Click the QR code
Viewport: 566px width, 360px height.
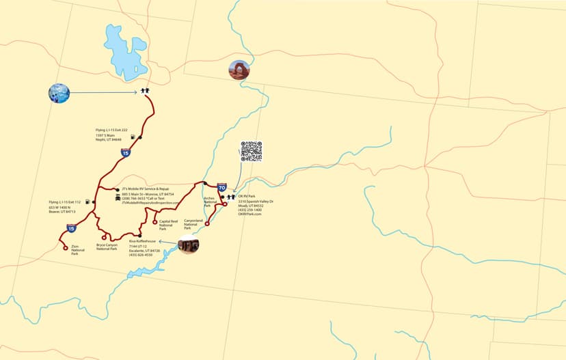[x=251, y=151]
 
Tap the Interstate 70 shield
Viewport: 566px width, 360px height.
[x=222, y=186]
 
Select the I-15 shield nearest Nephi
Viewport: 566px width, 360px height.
[x=125, y=153]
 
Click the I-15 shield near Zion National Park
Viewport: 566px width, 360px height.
[x=72, y=227]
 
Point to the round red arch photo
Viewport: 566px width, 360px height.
[x=239, y=70]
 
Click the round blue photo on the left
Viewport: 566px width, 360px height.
[x=59, y=93]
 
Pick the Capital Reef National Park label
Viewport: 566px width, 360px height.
[x=168, y=225]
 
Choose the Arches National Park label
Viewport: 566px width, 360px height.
[x=210, y=202]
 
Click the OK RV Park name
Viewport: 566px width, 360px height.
[x=246, y=197]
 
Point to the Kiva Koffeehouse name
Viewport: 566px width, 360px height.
[x=142, y=241]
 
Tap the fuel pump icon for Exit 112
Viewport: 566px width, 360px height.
[x=87, y=202]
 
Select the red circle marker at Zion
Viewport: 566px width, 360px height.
[x=66, y=247]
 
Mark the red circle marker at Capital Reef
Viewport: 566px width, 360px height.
[x=154, y=223]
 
